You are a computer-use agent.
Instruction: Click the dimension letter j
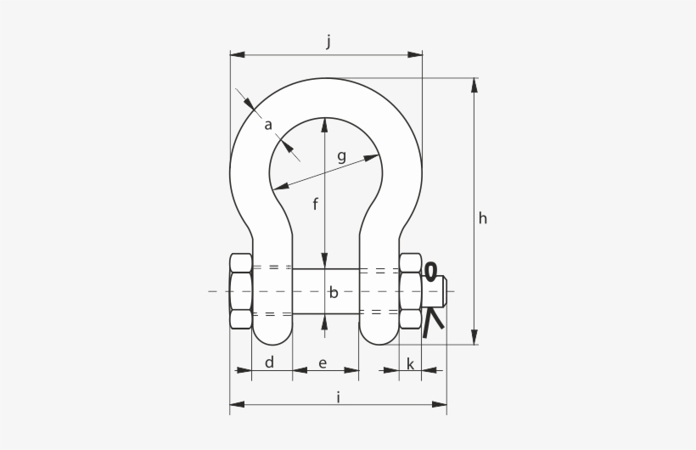click(x=328, y=42)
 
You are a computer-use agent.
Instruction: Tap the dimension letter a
click(x=267, y=126)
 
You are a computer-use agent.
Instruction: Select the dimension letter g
click(x=341, y=157)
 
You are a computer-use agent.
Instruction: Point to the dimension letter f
click(x=315, y=204)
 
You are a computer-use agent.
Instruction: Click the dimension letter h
click(x=482, y=218)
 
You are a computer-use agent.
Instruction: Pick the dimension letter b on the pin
click(x=334, y=292)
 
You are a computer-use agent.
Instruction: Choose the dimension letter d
click(x=269, y=363)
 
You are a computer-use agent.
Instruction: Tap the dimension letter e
click(x=323, y=363)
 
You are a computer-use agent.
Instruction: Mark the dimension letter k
click(x=410, y=363)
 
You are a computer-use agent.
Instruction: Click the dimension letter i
click(x=339, y=397)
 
